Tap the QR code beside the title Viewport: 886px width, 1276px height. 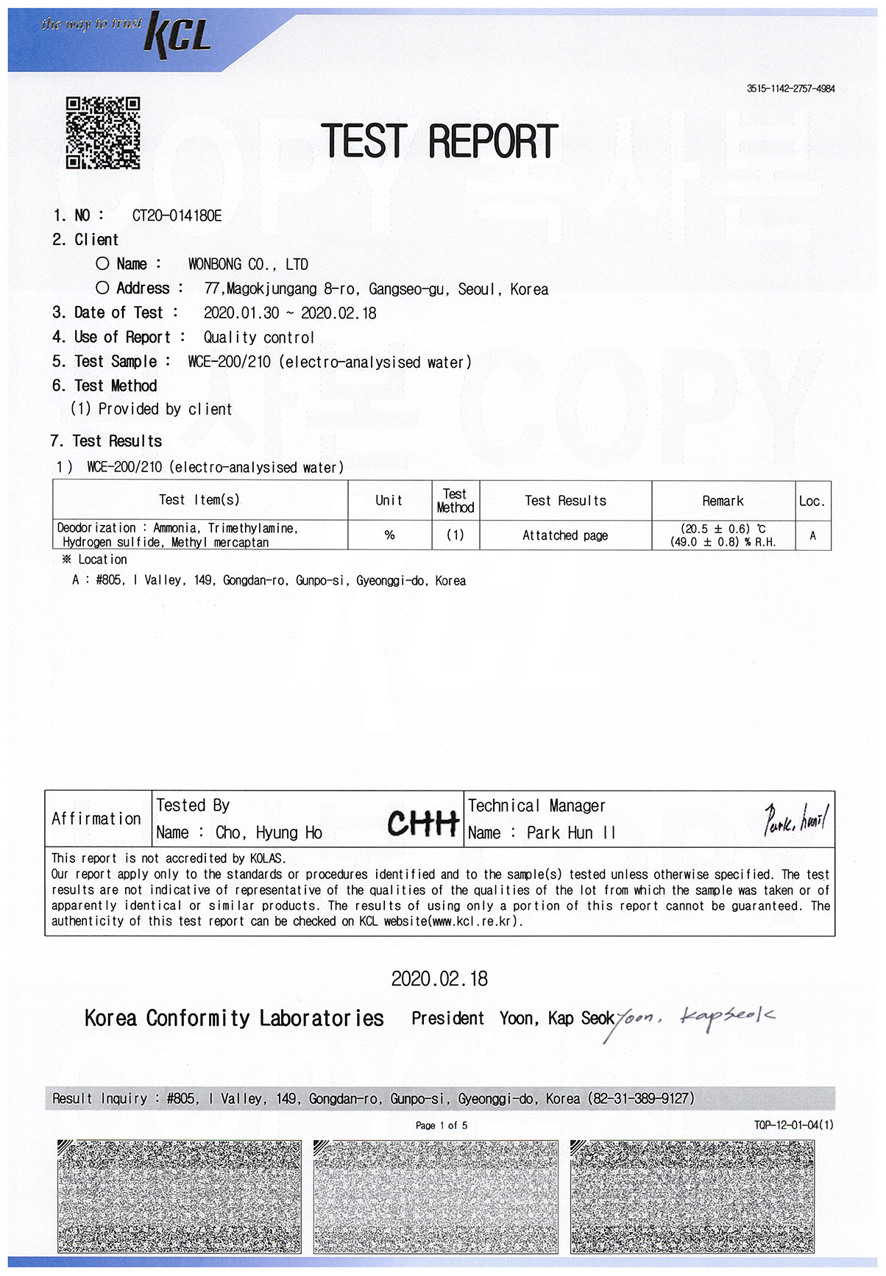coord(103,133)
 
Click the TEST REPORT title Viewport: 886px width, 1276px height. coord(439,141)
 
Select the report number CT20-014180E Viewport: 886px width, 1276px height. coord(177,215)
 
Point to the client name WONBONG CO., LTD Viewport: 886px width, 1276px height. coord(248,265)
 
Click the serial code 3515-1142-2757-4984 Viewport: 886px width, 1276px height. coord(790,88)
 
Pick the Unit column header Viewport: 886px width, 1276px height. coord(389,501)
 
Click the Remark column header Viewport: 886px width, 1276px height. coord(723,501)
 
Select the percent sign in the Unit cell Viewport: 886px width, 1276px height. coord(389,535)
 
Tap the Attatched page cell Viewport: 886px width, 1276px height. coord(565,535)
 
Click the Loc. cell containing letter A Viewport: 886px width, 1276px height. coord(812,535)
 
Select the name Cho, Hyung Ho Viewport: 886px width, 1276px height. coord(269,833)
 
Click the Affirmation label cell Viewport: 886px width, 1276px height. coord(96,819)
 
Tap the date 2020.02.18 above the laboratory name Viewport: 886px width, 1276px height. coord(439,979)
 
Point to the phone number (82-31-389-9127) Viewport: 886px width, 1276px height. coord(641,1098)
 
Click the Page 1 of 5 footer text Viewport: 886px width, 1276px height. coord(442,1125)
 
